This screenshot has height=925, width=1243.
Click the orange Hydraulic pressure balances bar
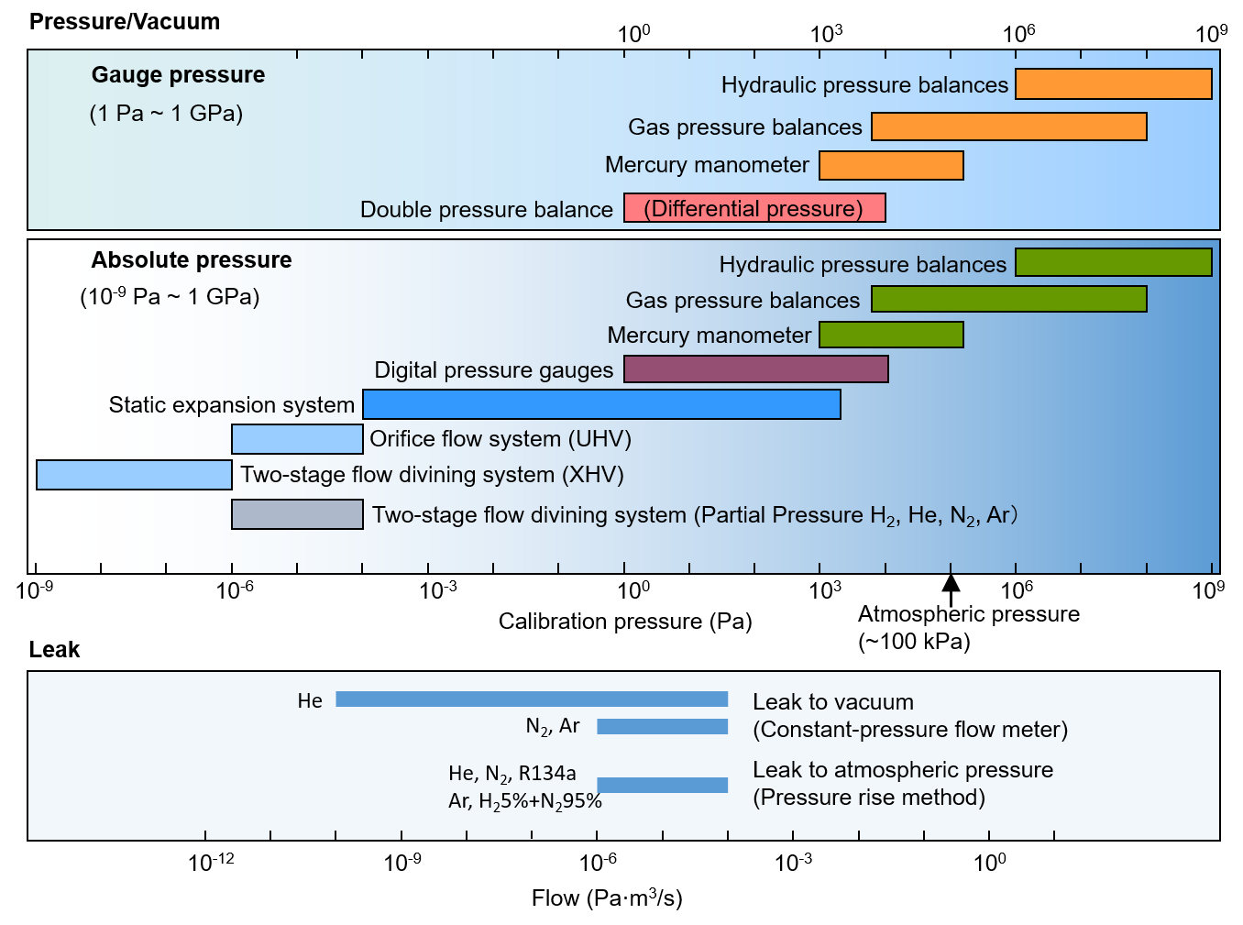tap(1114, 83)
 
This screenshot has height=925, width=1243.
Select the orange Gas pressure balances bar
tap(1008, 127)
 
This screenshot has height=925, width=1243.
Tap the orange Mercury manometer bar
tap(891, 165)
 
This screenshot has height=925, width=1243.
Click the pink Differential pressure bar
tap(754, 208)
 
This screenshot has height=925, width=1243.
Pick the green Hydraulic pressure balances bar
tap(1114, 262)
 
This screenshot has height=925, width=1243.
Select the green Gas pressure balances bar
tap(1008, 299)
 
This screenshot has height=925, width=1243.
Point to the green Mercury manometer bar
tap(891, 335)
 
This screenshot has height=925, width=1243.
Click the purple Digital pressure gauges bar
tap(755, 369)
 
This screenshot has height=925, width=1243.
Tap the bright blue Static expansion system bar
tap(601, 404)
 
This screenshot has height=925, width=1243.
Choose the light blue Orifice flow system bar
tap(297, 439)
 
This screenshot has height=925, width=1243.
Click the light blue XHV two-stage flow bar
tap(134, 475)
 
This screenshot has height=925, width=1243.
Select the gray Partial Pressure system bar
tap(297, 514)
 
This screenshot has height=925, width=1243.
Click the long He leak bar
tap(532, 699)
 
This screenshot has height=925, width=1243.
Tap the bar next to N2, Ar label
tap(662, 727)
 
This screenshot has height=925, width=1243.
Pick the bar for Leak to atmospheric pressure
tap(662, 785)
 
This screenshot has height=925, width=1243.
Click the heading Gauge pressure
tap(178, 75)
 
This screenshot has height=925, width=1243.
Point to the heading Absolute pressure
tap(191, 260)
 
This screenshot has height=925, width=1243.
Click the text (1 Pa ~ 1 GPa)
tap(166, 114)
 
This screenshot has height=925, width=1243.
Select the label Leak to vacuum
tap(832, 702)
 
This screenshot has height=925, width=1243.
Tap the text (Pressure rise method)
tap(868, 798)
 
